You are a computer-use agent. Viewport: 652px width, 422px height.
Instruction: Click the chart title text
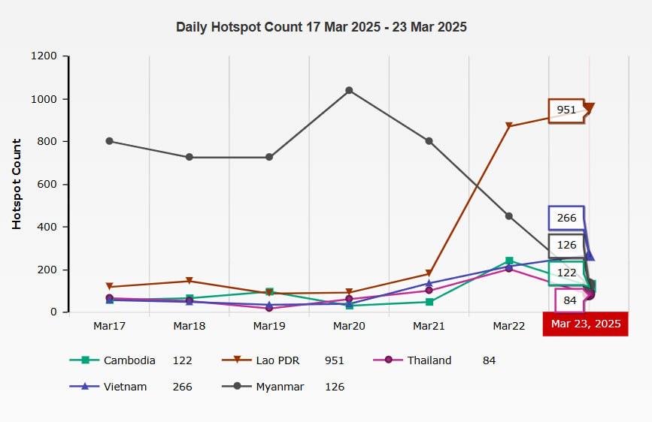[321, 27]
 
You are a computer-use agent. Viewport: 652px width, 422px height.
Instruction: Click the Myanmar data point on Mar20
[349, 90]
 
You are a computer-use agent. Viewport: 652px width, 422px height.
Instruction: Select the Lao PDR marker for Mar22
[509, 126]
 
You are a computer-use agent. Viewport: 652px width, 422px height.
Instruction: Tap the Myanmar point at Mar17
[110, 141]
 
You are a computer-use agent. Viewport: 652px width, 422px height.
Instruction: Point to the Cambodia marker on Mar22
[509, 261]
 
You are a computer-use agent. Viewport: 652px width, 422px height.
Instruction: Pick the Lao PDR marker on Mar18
[190, 282]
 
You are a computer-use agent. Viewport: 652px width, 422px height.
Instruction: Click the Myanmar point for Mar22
[509, 216]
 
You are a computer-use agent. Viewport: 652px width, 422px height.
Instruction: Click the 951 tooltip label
[566, 110]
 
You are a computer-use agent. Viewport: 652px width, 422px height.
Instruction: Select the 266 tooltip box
[566, 218]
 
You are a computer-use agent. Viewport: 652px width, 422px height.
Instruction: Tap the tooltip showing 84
[570, 300]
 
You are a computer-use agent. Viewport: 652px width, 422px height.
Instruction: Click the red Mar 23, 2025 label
[586, 324]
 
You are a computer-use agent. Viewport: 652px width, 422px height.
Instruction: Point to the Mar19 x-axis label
[269, 326]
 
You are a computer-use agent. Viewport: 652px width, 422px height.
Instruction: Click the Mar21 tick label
[429, 326]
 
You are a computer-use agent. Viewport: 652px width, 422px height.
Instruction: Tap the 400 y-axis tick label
[47, 227]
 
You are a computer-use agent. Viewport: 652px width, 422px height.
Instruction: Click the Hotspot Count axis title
[17, 184]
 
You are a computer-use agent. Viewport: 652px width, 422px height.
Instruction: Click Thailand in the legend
[429, 360]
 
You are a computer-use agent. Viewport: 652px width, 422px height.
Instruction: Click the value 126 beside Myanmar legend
[334, 387]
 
